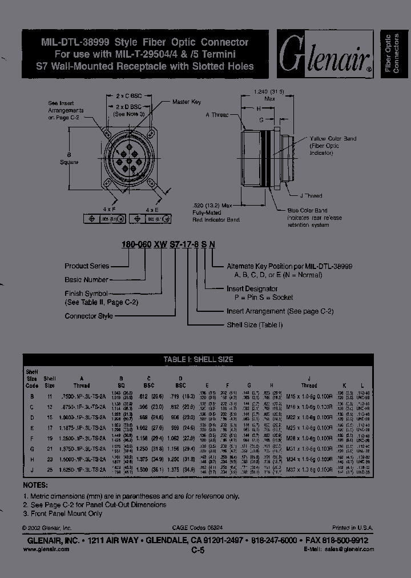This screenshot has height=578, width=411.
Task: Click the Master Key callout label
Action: pos(187,102)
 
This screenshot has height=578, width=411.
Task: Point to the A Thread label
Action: pos(217,115)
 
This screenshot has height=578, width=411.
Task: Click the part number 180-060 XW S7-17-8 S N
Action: pos(168,244)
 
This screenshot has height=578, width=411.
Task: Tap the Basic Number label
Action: pos(86,280)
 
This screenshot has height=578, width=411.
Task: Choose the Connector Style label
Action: pos(88,316)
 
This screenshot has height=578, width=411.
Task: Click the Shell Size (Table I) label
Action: pos(255,325)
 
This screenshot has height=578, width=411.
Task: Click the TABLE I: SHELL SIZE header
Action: pos(198,360)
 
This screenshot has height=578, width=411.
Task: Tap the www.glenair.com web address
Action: pos(46,549)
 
